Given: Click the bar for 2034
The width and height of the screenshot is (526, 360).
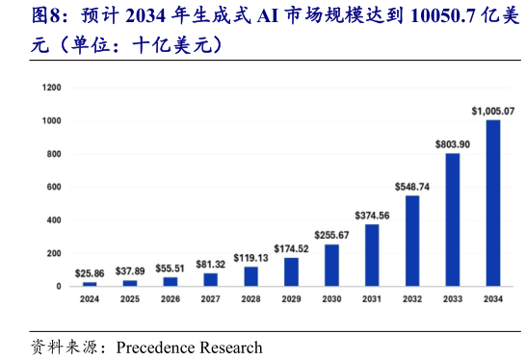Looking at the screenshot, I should pos(492,203).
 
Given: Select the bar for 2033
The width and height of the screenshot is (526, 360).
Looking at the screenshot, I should pos(452,219).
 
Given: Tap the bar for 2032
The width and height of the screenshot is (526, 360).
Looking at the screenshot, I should pos(411,241).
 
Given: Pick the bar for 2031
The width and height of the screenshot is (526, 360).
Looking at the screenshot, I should pos(372,255).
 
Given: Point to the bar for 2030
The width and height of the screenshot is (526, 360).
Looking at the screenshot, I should pos(331,265).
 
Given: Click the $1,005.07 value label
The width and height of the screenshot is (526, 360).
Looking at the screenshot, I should pos(492,111).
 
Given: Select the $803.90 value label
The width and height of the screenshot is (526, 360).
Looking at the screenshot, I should pos(452,143).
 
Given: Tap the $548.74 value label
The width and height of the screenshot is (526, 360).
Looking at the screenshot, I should pos(411,186).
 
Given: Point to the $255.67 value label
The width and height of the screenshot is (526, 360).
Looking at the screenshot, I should pos(331,234).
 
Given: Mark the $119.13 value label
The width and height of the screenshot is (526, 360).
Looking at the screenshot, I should pos(250,257).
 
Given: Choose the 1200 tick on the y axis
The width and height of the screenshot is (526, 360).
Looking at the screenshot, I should pos(52,88).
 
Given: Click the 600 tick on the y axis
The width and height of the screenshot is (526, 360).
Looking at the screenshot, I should pos(55,187).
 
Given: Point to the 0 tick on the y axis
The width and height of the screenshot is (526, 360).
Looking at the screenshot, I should pos(60,286).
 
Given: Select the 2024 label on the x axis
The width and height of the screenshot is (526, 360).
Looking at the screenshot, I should pos(90,300).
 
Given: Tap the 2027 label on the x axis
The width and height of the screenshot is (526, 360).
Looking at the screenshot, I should pos(210,300).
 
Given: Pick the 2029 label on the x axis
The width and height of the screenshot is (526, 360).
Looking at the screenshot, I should pos(291,300).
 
